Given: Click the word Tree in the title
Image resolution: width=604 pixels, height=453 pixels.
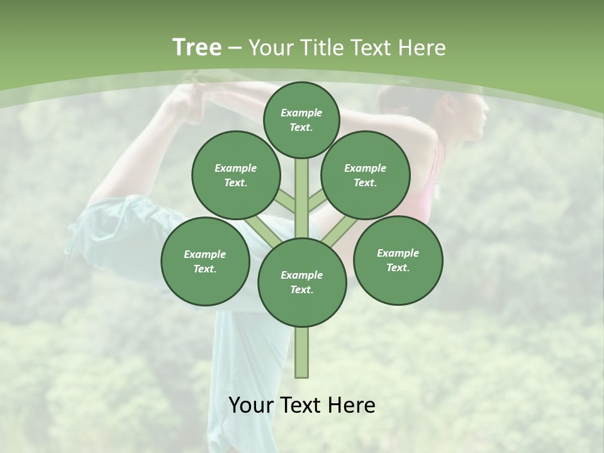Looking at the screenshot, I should pos(197,48).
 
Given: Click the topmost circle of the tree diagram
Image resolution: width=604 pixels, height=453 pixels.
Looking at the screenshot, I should pos(301,120).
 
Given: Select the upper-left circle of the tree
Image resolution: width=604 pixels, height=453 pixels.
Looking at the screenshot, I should pos(236,175).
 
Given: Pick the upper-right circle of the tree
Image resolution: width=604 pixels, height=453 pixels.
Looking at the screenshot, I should pos(366,175).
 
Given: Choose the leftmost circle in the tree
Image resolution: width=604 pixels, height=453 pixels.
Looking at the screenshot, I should pos(205,261).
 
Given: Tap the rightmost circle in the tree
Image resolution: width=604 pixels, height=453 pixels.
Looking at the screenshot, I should pos(398,260).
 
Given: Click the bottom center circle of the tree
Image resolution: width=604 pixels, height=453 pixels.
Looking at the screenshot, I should pos(302,282).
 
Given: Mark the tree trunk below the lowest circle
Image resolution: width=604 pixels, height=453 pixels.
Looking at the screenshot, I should pos(302,352).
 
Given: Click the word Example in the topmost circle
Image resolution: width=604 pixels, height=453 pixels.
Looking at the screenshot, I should pos(301,113).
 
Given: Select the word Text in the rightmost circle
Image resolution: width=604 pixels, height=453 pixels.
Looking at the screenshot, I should pos(398,267).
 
